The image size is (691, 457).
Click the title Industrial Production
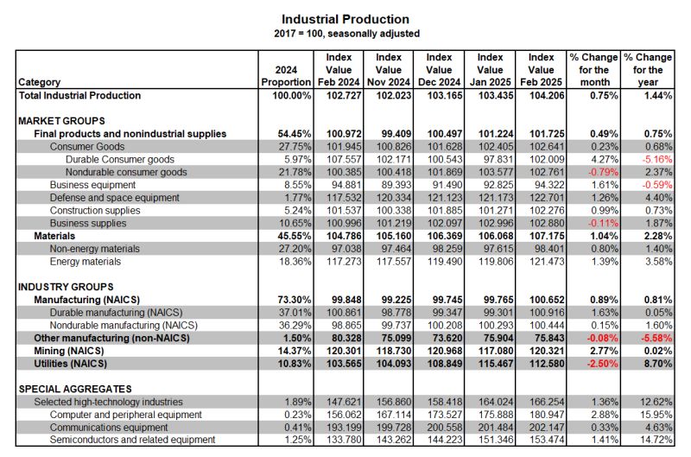(345, 19)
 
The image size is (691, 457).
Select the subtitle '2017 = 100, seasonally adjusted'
(347, 34)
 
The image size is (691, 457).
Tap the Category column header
(39, 82)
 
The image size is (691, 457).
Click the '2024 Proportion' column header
(286, 76)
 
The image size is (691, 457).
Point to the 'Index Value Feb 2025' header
(542, 70)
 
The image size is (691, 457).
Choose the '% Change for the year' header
(648, 70)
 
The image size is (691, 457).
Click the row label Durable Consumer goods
(120, 160)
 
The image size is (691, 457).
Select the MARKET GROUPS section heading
(61, 121)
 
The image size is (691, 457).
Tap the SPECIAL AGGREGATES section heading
(75, 389)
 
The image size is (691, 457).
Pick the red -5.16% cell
(657, 160)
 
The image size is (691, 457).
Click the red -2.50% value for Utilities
(603, 364)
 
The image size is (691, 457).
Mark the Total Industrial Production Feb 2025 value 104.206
(547, 96)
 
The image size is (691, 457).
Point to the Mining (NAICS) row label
(69, 352)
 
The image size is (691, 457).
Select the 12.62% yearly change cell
(656, 402)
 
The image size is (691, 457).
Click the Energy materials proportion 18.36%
(295, 262)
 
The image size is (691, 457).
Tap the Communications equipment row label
(109, 428)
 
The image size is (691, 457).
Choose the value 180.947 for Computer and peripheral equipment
(547, 415)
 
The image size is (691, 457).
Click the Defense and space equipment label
(115, 198)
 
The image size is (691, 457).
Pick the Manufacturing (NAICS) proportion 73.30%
(295, 300)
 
